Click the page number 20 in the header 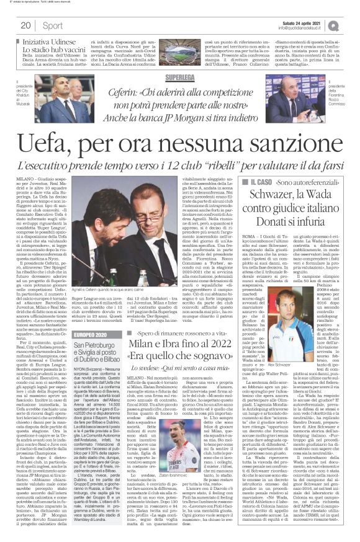coord(25,25)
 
